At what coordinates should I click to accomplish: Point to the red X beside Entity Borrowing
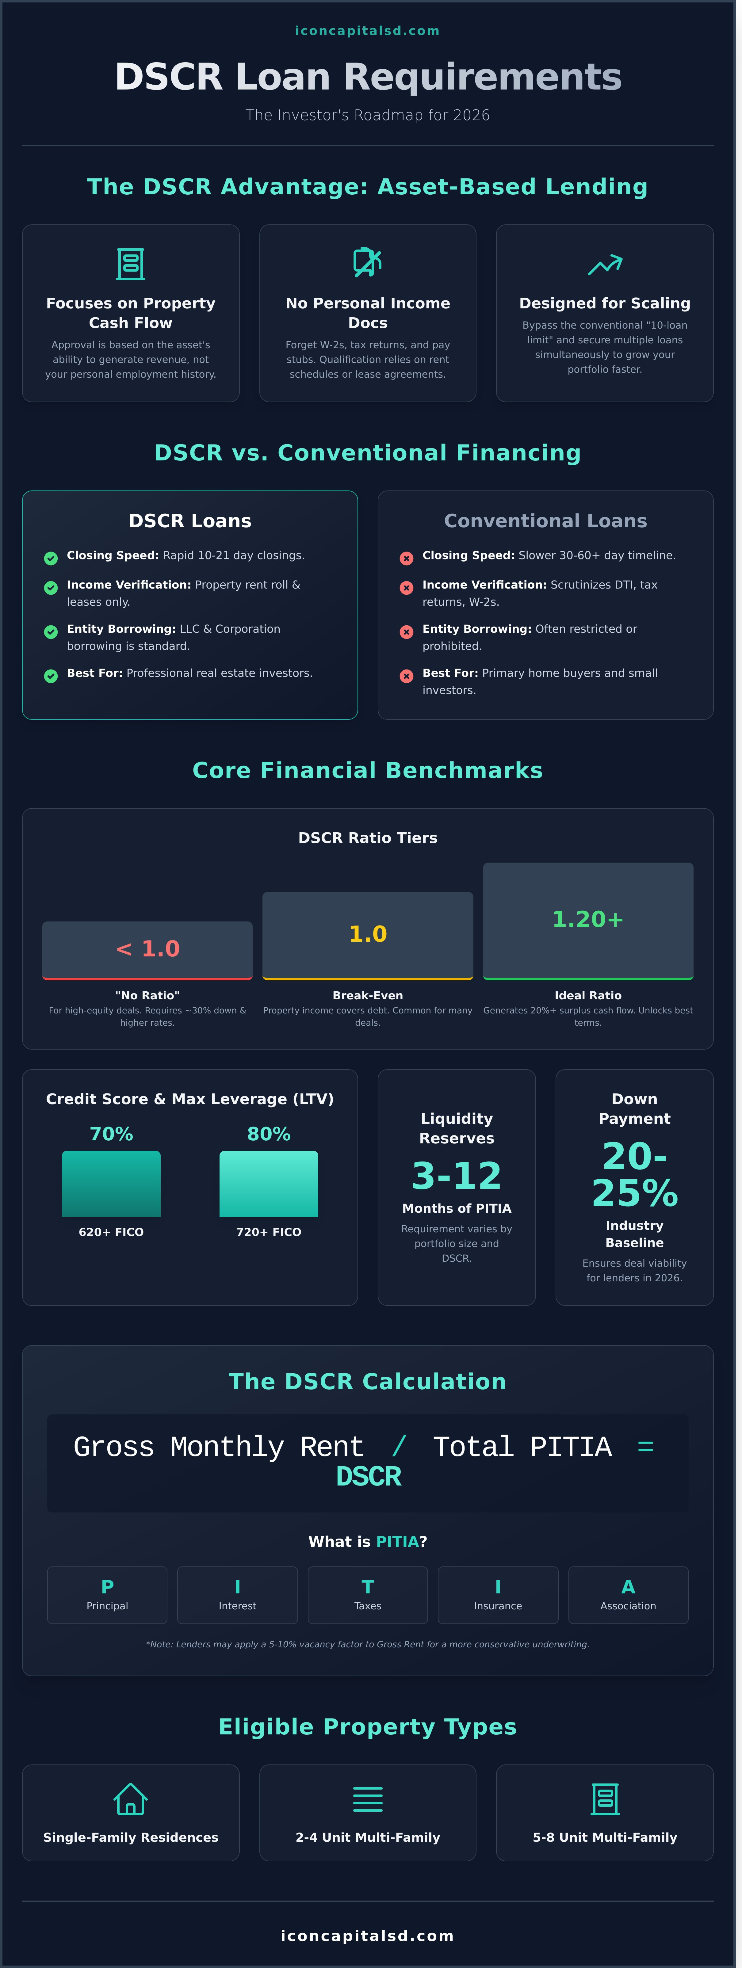click(x=407, y=632)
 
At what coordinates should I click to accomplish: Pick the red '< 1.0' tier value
click(x=147, y=949)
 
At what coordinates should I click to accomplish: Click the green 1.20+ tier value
click(x=588, y=919)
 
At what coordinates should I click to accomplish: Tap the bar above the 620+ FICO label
click(x=112, y=1183)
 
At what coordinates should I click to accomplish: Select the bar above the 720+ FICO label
click(x=269, y=1183)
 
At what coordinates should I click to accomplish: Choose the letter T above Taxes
click(x=368, y=1587)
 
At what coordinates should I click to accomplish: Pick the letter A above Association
click(x=628, y=1587)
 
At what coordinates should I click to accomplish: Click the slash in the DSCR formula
click(x=398, y=1446)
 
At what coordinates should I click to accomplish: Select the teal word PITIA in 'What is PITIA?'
click(x=396, y=1542)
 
